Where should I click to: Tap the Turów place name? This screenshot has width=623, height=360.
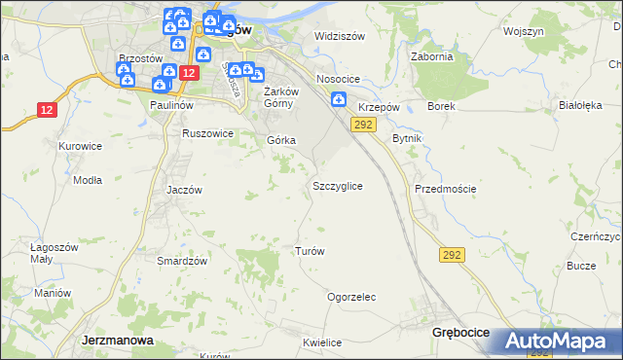(310, 251)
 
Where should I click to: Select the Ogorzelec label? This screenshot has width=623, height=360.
(351, 298)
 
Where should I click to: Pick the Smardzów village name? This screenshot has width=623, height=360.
(182, 262)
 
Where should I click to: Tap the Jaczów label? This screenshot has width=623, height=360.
(184, 191)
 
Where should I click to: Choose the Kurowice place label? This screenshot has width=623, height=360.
(80, 146)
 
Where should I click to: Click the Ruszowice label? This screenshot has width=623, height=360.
(207, 133)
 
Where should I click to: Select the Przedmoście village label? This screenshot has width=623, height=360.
(445, 189)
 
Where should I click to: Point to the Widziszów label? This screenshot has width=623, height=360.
(339, 37)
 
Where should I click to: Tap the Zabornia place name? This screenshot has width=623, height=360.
(432, 56)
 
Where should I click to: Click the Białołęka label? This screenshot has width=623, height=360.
(581, 105)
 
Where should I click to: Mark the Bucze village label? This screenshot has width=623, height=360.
(581, 266)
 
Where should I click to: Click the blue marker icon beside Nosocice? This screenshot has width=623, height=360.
(338, 99)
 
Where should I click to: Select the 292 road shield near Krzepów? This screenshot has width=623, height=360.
(363, 125)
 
